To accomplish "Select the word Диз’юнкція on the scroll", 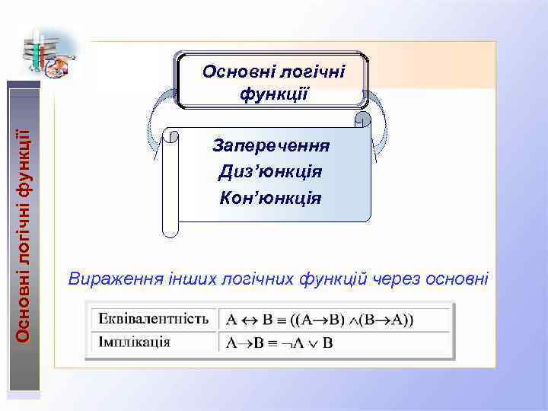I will coord(269,172).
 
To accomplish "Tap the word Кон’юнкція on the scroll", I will coord(269,198).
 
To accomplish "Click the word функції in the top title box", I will coord(273,95).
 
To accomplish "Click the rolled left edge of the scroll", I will coord(170,183).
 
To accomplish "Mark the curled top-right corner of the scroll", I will coord(363,119).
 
